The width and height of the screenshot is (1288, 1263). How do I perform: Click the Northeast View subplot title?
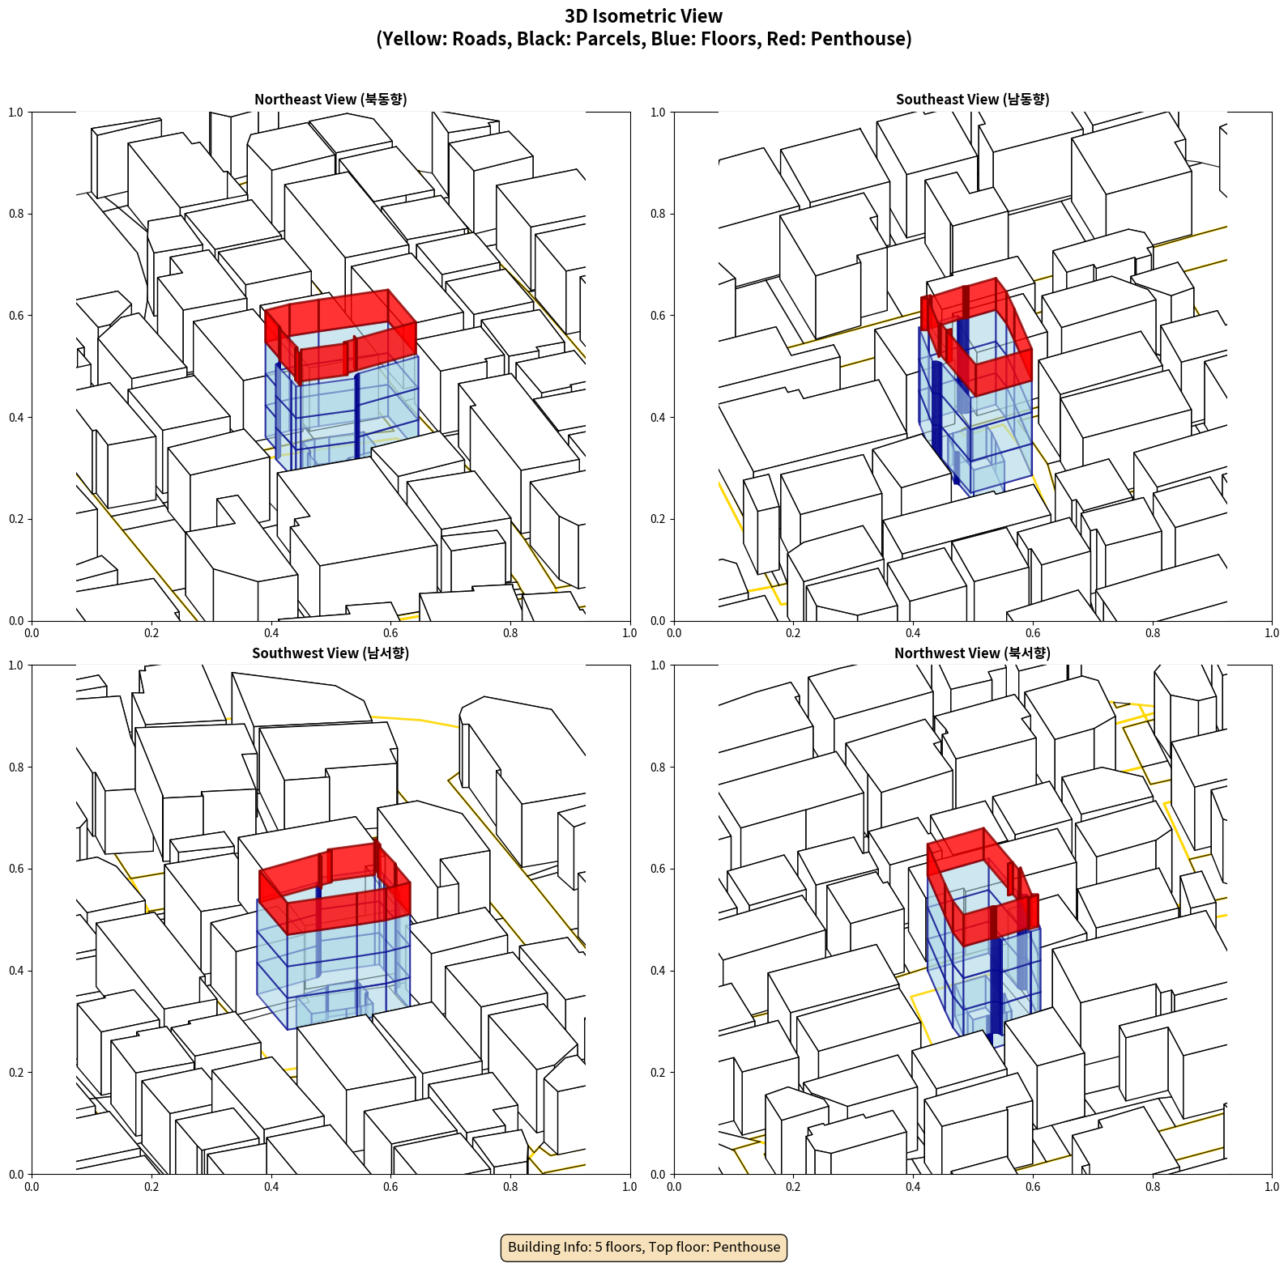[x=331, y=100]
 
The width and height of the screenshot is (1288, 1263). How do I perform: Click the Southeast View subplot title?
[x=972, y=100]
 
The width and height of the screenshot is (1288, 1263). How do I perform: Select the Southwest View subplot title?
[x=331, y=653]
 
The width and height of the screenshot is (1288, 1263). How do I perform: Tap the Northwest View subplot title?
[x=972, y=653]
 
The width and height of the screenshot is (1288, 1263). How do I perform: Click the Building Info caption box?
[x=644, y=1247]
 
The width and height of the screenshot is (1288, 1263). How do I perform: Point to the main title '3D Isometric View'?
[x=644, y=16]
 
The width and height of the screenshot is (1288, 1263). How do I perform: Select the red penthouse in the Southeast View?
[x=976, y=336]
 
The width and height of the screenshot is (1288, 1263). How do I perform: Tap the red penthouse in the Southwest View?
[x=335, y=887]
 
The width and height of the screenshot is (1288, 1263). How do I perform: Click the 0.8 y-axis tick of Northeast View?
[x=16, y=214]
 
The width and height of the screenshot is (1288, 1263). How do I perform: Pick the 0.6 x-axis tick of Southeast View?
[x=1033, y=633]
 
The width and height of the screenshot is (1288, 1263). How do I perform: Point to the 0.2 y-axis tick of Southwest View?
[x=16, y=1073]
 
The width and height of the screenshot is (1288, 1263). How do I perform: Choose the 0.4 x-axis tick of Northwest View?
[x=913, y=1187]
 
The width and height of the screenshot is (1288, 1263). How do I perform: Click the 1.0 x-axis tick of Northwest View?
[x=1272, y=1187]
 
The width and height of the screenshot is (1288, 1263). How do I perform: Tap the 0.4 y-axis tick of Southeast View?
[x=658, y=418]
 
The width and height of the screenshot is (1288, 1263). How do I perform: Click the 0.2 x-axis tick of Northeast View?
[x=151, y=633]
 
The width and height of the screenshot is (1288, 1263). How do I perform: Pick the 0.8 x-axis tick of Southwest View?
[x=510, y=1187]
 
